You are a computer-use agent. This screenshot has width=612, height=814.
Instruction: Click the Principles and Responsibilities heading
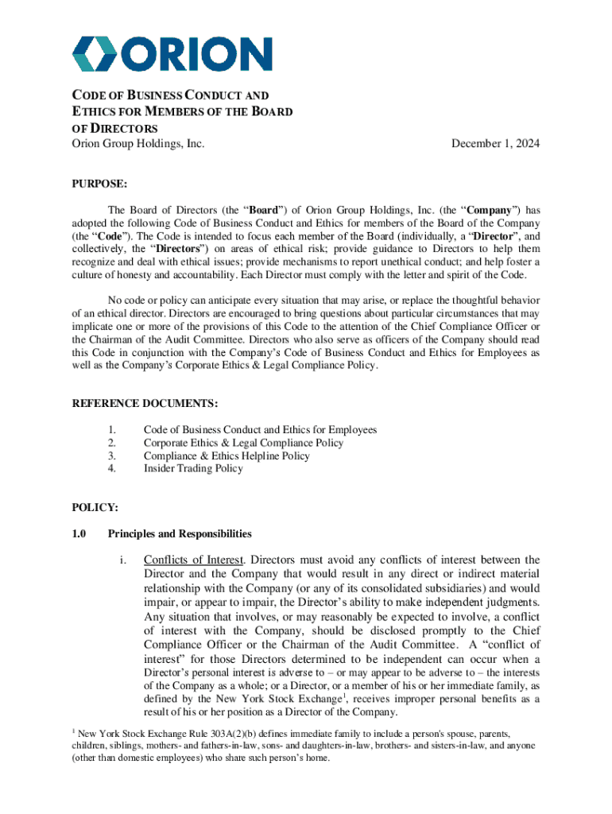pyautogui.click(x=180, y=533)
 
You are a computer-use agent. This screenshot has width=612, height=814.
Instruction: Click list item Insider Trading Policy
pyautogui.click(x=193, y=468)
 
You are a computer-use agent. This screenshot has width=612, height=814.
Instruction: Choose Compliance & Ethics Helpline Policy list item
pyautogui.click(x=227, y=455)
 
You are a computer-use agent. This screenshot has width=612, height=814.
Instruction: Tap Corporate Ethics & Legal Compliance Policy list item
pyautogui.click(x=243, y=443)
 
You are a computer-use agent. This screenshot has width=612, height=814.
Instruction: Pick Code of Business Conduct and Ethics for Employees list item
pyautogui.click(x=260, y=430)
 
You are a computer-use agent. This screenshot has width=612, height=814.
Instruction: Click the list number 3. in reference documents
pyautogui.click(x=112, y=455)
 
